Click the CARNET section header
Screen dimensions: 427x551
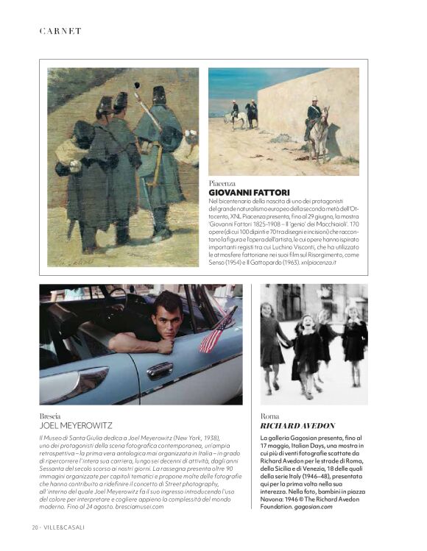[60, 31]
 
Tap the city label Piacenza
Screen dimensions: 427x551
[222, 182]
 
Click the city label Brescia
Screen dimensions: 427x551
[51, 416]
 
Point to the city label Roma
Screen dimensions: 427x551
[270, 416]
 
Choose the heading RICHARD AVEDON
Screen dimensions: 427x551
[298, 426]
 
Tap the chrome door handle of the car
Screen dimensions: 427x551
[160, 371]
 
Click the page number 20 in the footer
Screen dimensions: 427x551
[35, 527]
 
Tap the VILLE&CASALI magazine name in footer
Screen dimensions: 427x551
[63, 527]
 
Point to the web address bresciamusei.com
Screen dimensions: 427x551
[134, 507]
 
